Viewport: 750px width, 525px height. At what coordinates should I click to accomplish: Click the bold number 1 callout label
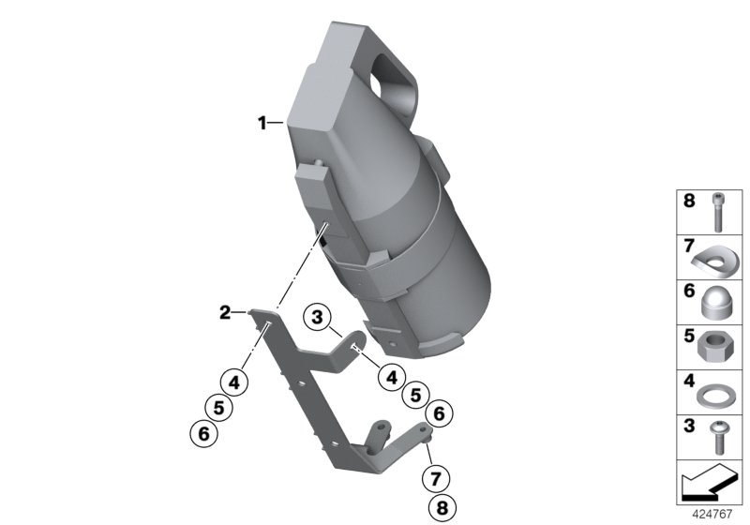262,123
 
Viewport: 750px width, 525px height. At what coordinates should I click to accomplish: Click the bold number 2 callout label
225,313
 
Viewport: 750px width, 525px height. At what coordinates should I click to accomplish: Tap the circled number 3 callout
317,317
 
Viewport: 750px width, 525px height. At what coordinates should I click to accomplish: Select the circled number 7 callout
435,478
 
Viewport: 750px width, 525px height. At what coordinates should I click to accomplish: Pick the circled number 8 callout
442,508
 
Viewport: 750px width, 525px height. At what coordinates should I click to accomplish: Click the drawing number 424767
712,514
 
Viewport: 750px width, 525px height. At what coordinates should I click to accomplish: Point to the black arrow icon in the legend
710,483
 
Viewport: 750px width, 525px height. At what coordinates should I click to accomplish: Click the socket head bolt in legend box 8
717,212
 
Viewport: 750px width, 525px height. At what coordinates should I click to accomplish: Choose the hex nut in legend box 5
716,347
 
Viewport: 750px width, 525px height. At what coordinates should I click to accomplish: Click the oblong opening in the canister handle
394,77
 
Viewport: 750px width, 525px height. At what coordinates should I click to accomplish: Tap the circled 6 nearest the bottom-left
203,434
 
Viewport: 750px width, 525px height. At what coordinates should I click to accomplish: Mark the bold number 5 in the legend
689,336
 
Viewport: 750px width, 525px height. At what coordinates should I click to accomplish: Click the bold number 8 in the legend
689,201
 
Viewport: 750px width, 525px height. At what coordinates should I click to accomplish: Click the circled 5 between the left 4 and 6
218,408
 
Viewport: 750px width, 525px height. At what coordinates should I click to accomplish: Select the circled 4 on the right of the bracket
392,377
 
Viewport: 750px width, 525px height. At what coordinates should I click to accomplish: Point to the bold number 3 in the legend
689,426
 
